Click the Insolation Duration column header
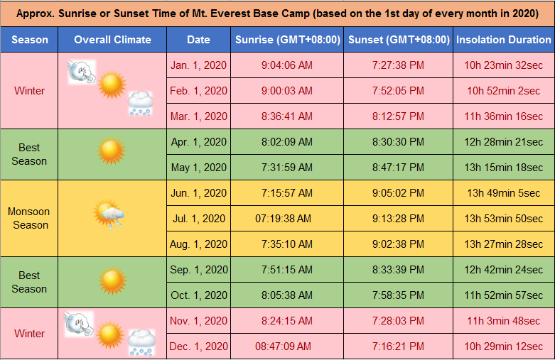pyautogui.click(x=503, y=40)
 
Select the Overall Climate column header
pyautogui.click(x=112, y=40)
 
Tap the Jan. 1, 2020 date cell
pyautogui.click(x=199, y=65)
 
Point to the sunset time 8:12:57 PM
pyautogui.click(x=398, y=116)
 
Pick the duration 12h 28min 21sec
pyautogui.click(x=504, y=142)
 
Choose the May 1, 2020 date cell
pyautogui.click(x=199, y=168)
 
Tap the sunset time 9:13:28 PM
pyautogui.click(x=398, y=219)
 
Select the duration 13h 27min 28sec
pyautogui.click(x=504, y=244)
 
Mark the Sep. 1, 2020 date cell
pyautogui.click(x=199, y=270)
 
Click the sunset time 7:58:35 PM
pyautogui.click(x=398, y=295)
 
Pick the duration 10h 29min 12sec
pyautogui.click(x=504, y=347)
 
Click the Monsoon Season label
pyautogui.click(x=29, y=219)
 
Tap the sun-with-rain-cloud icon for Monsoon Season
pyautogui.click(x=110, y=214)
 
